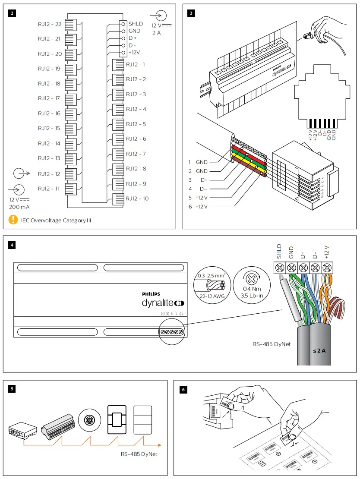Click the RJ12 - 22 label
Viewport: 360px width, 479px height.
pyautogui.click(x=49, y=24)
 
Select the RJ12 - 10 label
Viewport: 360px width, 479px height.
pyautogui.click(x=137, y=199)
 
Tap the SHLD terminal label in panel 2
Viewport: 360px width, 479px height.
pyautogui.click(x=136, y=24)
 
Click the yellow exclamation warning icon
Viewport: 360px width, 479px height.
pyautogui.click(x=13, y=220)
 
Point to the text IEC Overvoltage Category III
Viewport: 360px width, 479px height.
pyautogui.click(x=56, y=221)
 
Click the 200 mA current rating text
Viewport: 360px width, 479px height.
pyautogui.click(x=19, y=207)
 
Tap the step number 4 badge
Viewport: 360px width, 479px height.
pyautogui.click(x=13, y=245)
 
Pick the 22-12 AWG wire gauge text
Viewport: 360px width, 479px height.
pyautogui.click(x=209, y=296)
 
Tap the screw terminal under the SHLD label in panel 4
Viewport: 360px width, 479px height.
pyautogui.click(x=279, y=268)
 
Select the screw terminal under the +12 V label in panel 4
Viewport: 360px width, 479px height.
pyautogui.click(x=327, y=268)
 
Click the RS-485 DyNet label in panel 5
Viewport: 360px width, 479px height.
pyautogui.click(x=138, y=454)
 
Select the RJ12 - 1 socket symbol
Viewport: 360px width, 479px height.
pyautogui.click(x=118, y=65)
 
